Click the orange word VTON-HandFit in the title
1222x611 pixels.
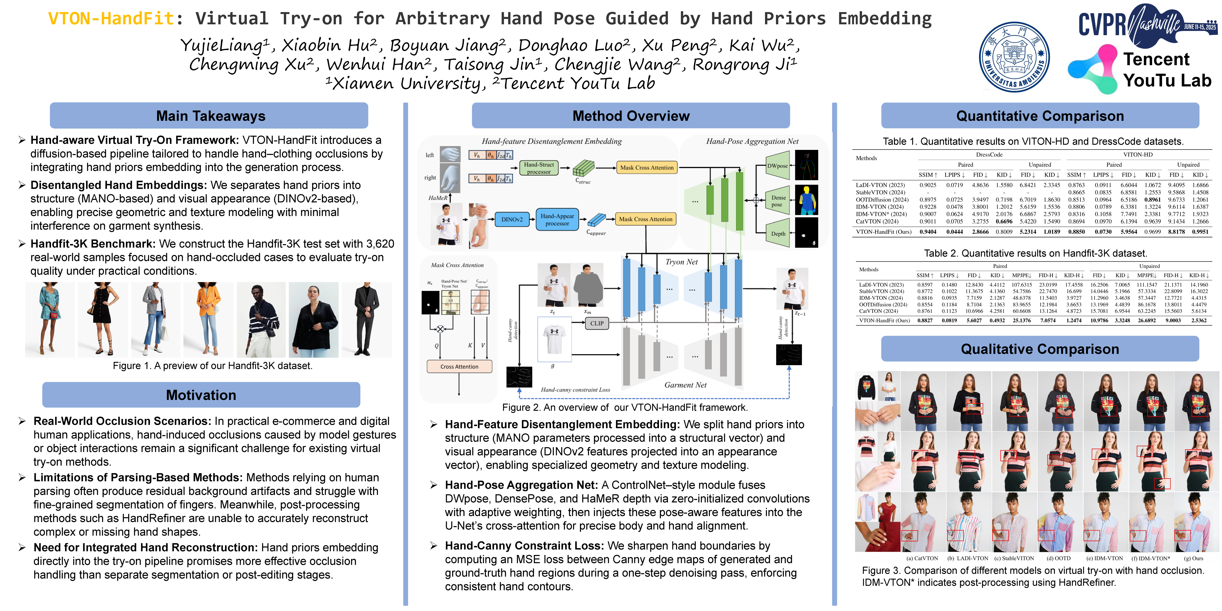111,19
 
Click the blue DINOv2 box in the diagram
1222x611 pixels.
512,220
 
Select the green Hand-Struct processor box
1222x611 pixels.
539,168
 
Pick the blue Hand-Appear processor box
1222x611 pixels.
557,220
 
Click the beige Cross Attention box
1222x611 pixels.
459,367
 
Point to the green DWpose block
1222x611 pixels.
778,166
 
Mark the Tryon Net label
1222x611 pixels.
681,262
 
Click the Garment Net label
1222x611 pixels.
685,385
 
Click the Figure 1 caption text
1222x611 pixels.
212,366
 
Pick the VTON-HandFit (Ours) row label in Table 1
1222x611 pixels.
883,232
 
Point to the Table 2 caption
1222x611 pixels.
1035,253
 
